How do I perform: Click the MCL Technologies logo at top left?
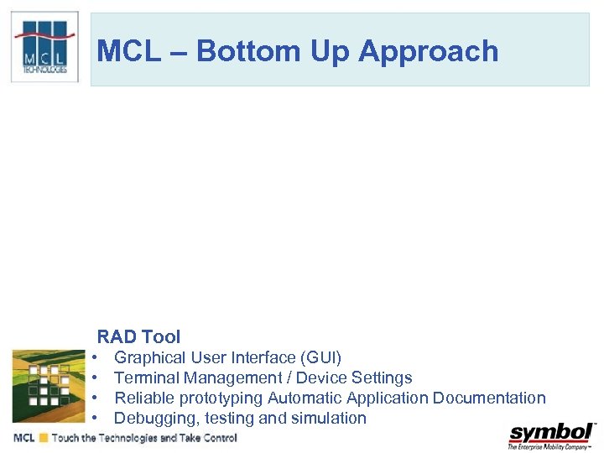[x=44, y=47]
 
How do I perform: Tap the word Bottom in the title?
[x=250, y=51]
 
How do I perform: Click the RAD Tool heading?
[x=138, y=337]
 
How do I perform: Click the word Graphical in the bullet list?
[x=148, y=358]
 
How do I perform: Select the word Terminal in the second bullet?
[x=146, y=378]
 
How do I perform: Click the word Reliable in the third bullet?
[x=144, y=398]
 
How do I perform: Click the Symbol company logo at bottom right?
[x=551, y=435]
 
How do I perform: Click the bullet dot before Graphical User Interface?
[x=96, y=358]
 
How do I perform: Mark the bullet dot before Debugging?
[x=96, y=419]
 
